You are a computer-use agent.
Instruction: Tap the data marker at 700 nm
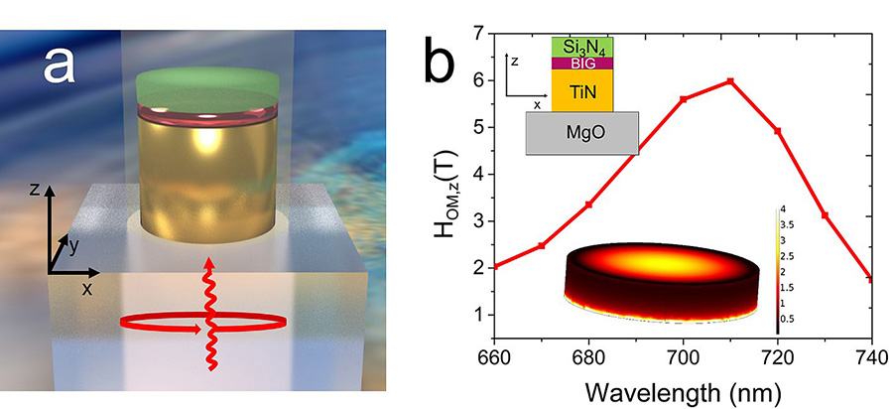683,99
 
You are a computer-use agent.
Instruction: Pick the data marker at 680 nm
588,204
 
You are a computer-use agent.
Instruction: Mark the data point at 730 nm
825,215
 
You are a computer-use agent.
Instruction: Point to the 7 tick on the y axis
479,34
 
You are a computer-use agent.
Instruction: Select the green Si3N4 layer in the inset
580,46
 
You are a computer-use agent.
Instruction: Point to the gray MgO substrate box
580,131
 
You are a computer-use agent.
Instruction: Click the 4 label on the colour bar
784,210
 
